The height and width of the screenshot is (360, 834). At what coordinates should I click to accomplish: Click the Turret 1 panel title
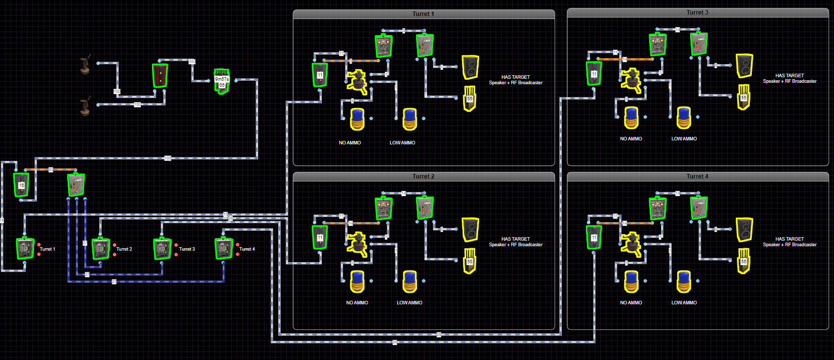point(424,14)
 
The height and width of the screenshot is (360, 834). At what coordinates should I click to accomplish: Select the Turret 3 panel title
point(697,13)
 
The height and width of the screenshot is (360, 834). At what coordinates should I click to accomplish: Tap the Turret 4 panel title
point(697,176)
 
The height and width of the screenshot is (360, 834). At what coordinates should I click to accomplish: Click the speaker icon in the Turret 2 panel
point(470,230)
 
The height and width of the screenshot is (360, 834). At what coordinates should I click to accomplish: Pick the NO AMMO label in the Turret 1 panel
point(350,143)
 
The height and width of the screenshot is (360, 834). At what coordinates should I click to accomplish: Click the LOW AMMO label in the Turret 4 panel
point(684,303)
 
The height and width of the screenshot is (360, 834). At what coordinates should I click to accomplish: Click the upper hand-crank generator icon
point(86,65)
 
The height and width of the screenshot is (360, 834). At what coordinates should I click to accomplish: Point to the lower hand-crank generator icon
point(86,106)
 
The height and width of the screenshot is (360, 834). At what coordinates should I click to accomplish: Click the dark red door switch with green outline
point(160,75)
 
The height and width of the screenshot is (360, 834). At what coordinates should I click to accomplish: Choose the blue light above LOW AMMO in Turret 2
point(409,281)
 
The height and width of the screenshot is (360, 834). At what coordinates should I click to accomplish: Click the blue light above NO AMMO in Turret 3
point(631,118)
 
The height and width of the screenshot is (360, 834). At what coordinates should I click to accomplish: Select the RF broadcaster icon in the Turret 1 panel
point(470,98)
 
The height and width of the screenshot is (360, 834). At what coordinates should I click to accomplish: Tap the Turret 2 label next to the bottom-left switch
point(124,249)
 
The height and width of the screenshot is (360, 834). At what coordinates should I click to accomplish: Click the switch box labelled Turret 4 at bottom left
point(223,249)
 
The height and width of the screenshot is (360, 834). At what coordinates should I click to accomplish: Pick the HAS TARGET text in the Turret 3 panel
point(789,76)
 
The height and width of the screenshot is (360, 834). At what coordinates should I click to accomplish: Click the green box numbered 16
point(21,185)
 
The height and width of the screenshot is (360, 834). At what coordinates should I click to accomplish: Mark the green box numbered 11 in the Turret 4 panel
point(594,237)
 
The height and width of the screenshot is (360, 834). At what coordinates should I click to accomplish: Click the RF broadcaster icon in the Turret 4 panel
point(744,261)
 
